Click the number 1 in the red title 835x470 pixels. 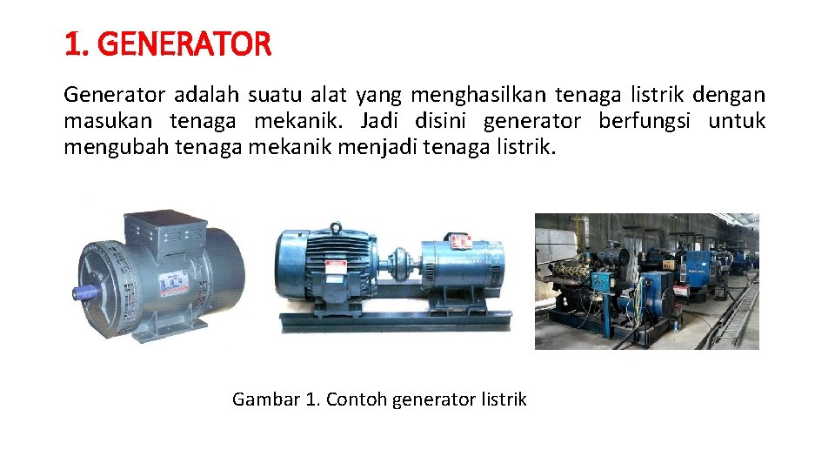pos(71,44)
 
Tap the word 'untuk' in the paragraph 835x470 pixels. pos(737,121)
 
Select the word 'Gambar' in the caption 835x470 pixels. pos(265,399)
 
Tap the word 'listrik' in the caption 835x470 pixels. pos(502,399)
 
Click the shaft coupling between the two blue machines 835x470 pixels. pos(400,258)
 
